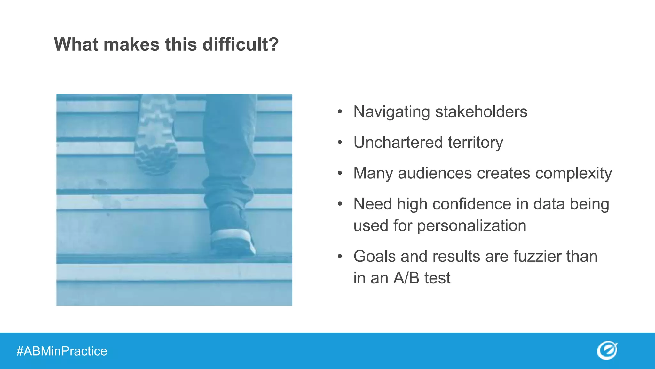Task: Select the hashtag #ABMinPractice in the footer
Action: click(x=62, y=351)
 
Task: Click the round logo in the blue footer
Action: click(x=607, y=350)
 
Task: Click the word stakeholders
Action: click(x=481, y=112)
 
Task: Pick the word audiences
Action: click(x=435, y=173)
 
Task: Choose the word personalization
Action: click(x=471, y=226)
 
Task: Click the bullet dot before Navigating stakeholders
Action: click(x=340, y=112)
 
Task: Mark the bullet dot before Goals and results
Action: click(x=340, y=257)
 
